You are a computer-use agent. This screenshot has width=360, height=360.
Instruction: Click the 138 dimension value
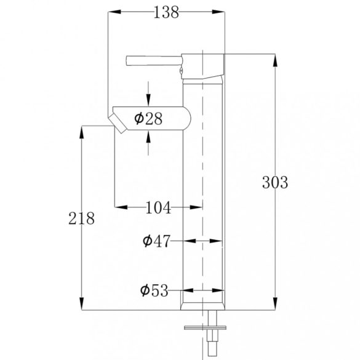pos(166,12)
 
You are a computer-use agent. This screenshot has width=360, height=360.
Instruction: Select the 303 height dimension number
pos(275,183)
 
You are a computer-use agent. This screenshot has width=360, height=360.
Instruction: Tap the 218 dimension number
pos(81,218)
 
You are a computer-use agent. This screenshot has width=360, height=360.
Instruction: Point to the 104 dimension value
pos(158,207)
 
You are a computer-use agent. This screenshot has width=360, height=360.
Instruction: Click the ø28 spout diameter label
pos(148,119)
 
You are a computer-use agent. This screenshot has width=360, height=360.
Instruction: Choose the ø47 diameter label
pos(156,241)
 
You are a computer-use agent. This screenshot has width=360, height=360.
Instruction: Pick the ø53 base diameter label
pos(154,290)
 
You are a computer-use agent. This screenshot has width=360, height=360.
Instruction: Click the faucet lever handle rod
pos(154,61)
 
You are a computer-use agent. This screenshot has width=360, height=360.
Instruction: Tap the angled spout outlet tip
pos(118,124)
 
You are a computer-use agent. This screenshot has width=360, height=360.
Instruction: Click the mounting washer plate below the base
pos(205,327)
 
